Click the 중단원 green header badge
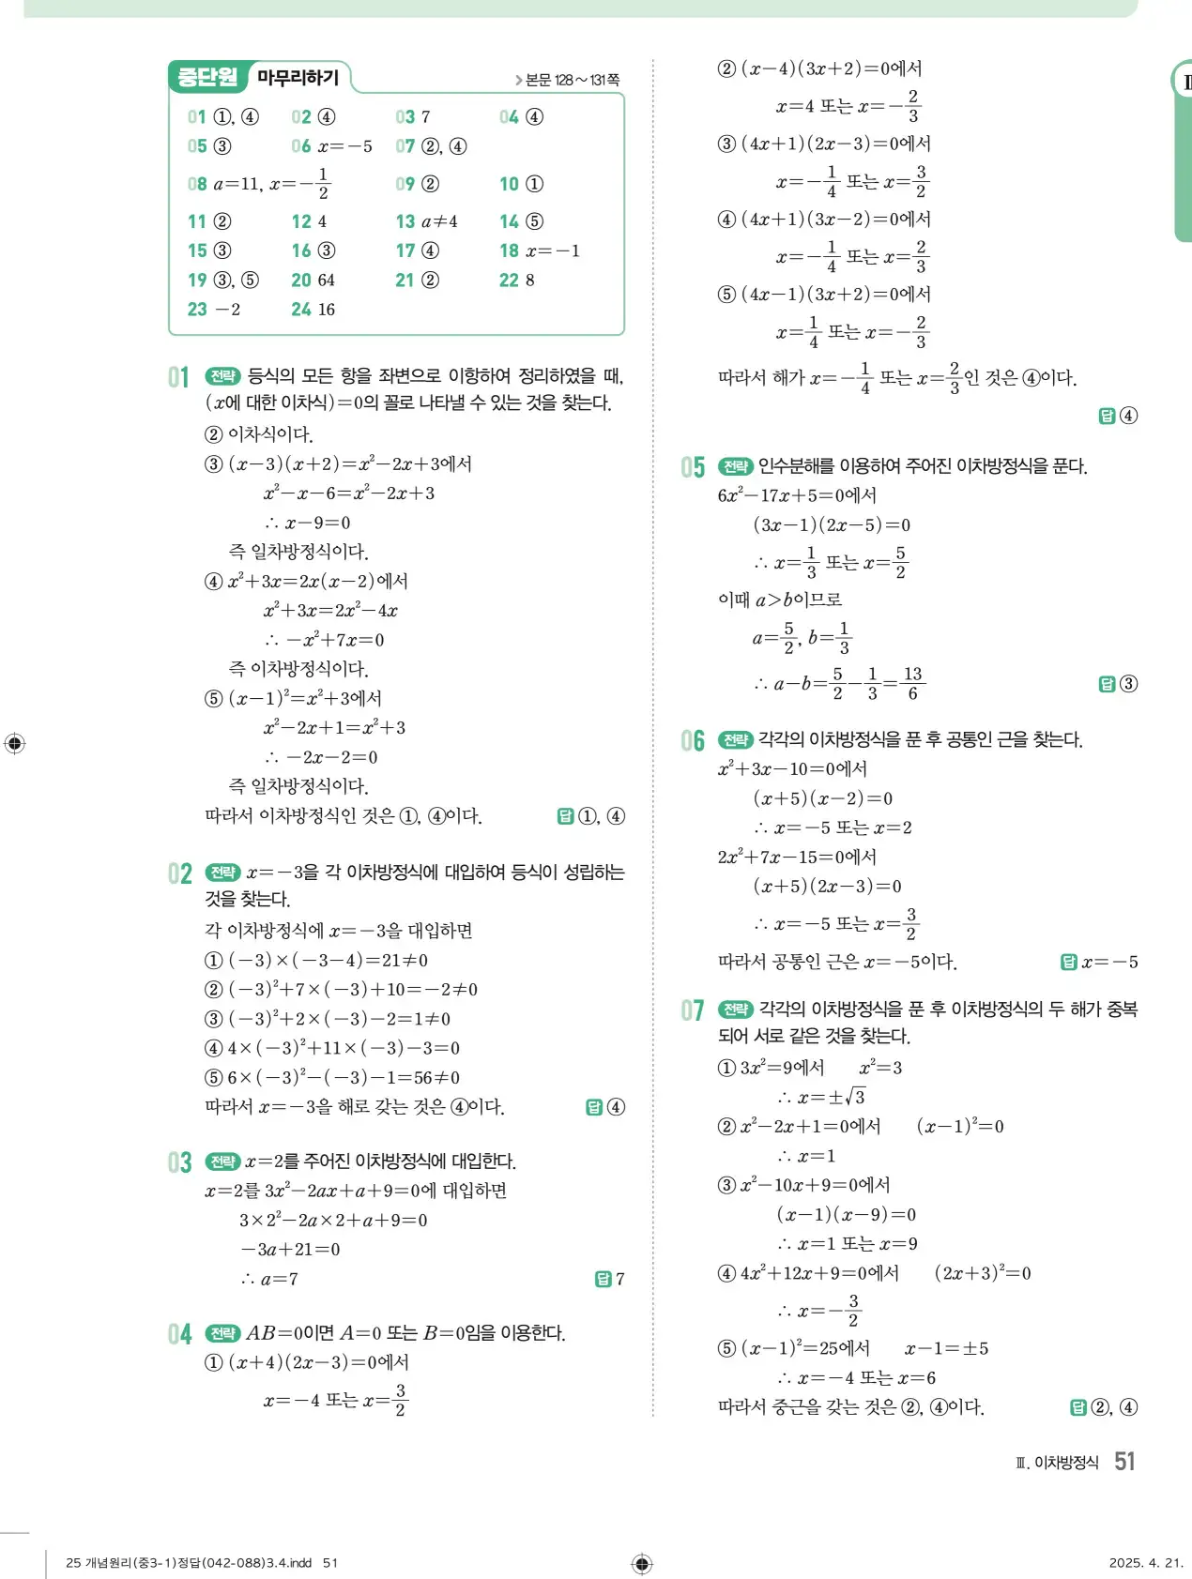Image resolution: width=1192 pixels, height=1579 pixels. tap(207, 77)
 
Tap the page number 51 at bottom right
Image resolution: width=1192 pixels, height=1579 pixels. tap(1124, 1461)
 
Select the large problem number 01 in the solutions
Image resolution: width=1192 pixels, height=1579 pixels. tap(178, 377)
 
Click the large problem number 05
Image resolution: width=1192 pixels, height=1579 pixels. tap(693, 467)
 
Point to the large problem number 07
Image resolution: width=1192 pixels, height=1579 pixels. tap(693, 1010)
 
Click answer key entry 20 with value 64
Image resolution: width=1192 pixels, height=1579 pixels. tap(313, 280)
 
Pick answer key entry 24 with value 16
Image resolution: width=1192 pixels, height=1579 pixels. tap(313, 310)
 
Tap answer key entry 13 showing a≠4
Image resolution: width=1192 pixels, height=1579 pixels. tap(427, 221)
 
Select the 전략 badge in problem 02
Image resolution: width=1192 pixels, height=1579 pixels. tap(222, 873)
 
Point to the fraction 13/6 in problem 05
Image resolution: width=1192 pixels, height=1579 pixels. tap(912, 683)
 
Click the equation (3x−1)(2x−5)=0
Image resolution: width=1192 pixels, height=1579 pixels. tap(832, 525)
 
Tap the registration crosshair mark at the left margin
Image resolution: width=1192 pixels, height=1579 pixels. tap(15, 744)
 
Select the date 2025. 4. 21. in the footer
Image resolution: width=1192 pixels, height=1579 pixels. tap(1145, 1562)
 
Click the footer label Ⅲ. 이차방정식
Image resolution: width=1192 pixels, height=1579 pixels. tap(1057, 1463)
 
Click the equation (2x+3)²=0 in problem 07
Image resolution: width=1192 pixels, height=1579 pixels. tap(983, 1273)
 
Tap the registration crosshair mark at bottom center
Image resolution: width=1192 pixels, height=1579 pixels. tap(642, 1563)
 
